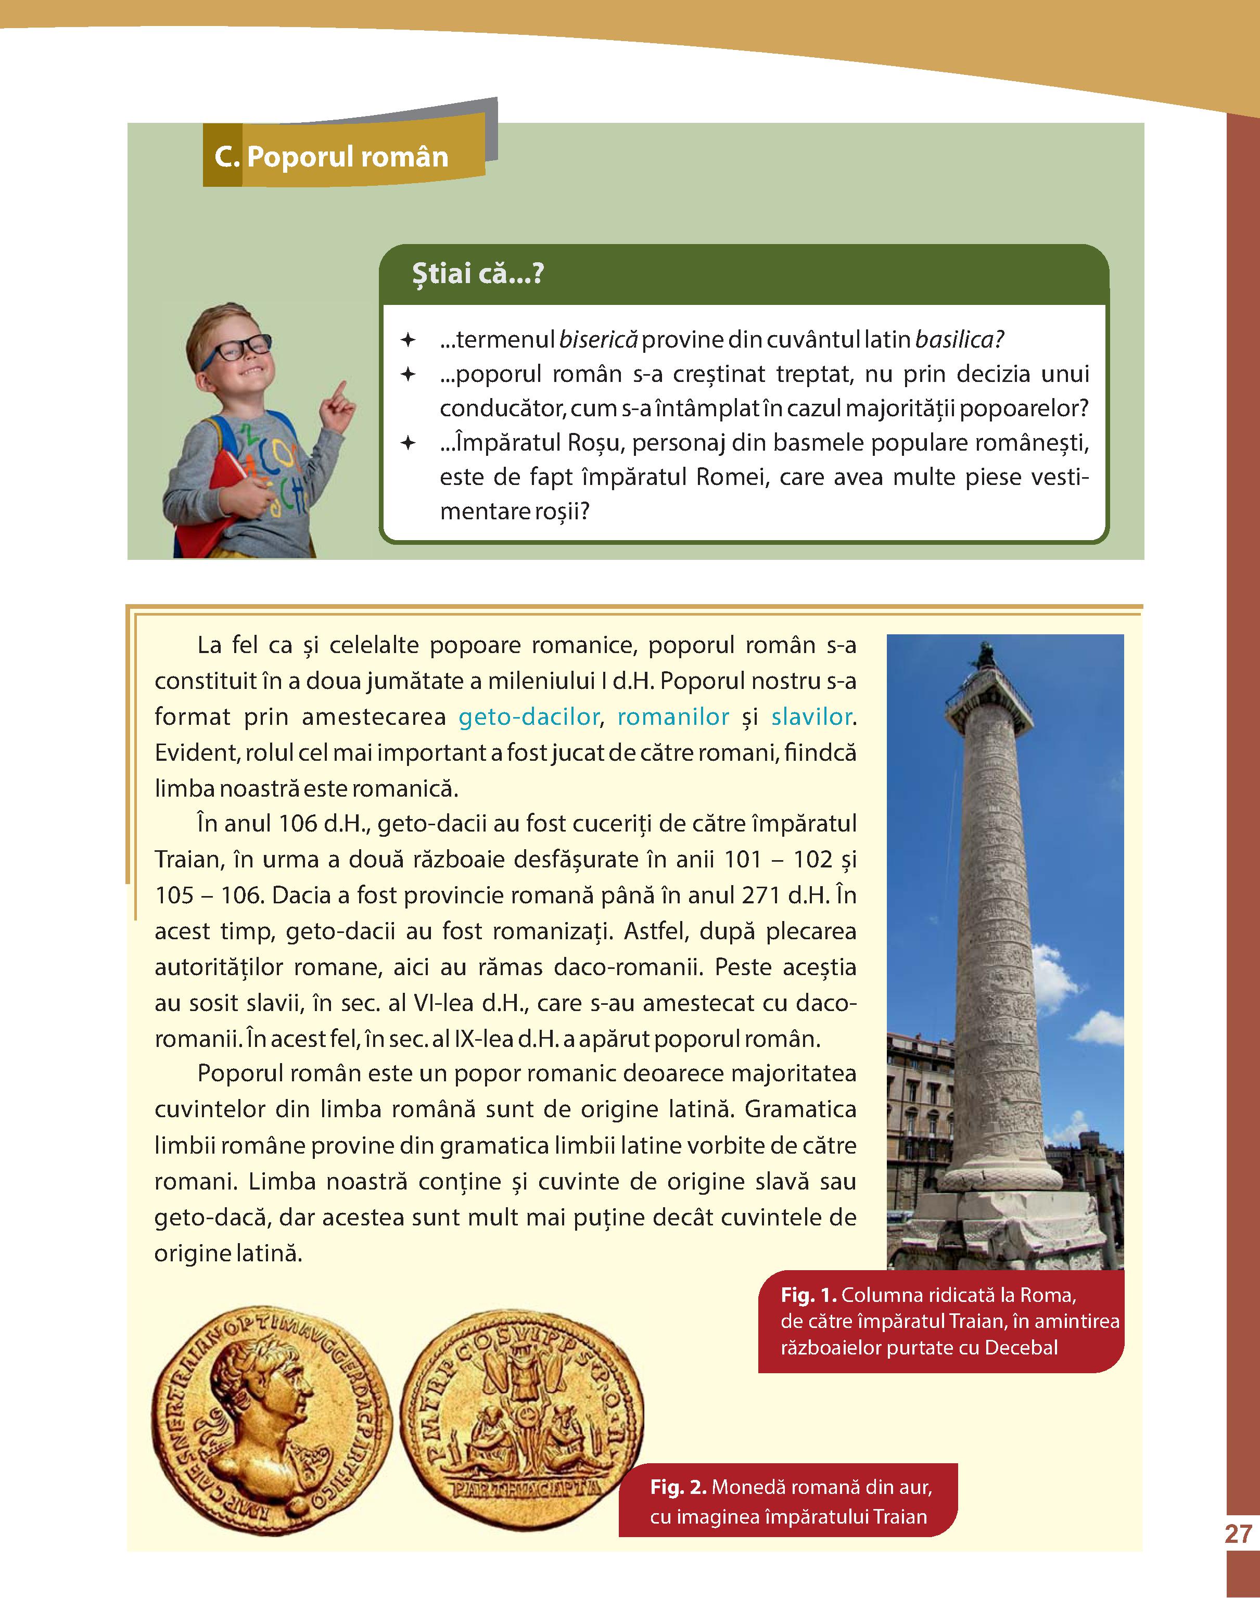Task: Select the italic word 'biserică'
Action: coord(597,340)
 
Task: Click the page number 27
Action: coord(1238,1534)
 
